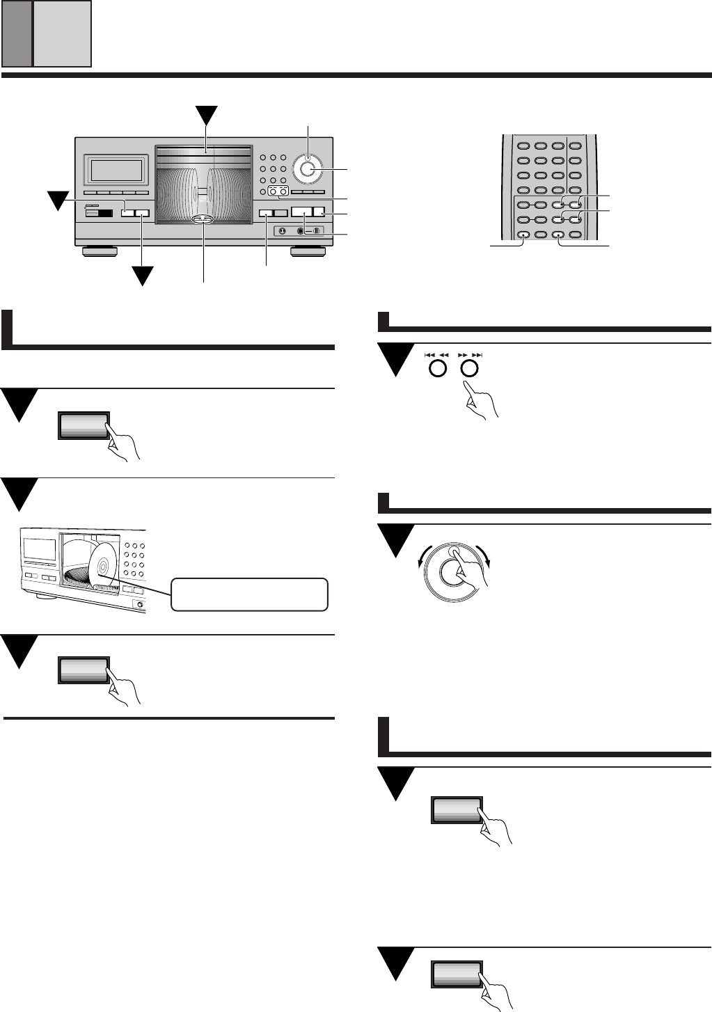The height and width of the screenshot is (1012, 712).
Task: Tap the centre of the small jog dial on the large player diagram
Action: tap(308, 168)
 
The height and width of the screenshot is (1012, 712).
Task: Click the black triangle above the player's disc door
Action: tap(206, 116)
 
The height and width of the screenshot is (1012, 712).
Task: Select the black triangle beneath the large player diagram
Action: tap(143, 276)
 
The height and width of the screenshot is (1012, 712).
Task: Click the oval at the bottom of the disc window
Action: tap(202, 219)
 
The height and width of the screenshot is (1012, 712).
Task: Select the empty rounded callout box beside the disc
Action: tap(249, 594)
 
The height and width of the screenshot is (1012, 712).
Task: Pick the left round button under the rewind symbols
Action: tap(437, 368)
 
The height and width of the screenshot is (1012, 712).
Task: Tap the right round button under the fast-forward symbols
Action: tap(470, 368)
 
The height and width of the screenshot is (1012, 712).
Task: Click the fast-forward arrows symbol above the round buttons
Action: tap(470, 354)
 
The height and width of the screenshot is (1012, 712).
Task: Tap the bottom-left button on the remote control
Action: tap(523, 235)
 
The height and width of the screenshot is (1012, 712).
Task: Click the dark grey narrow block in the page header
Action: tap(16, 33)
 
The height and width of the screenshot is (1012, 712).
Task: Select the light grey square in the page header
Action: tap(63, 33)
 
